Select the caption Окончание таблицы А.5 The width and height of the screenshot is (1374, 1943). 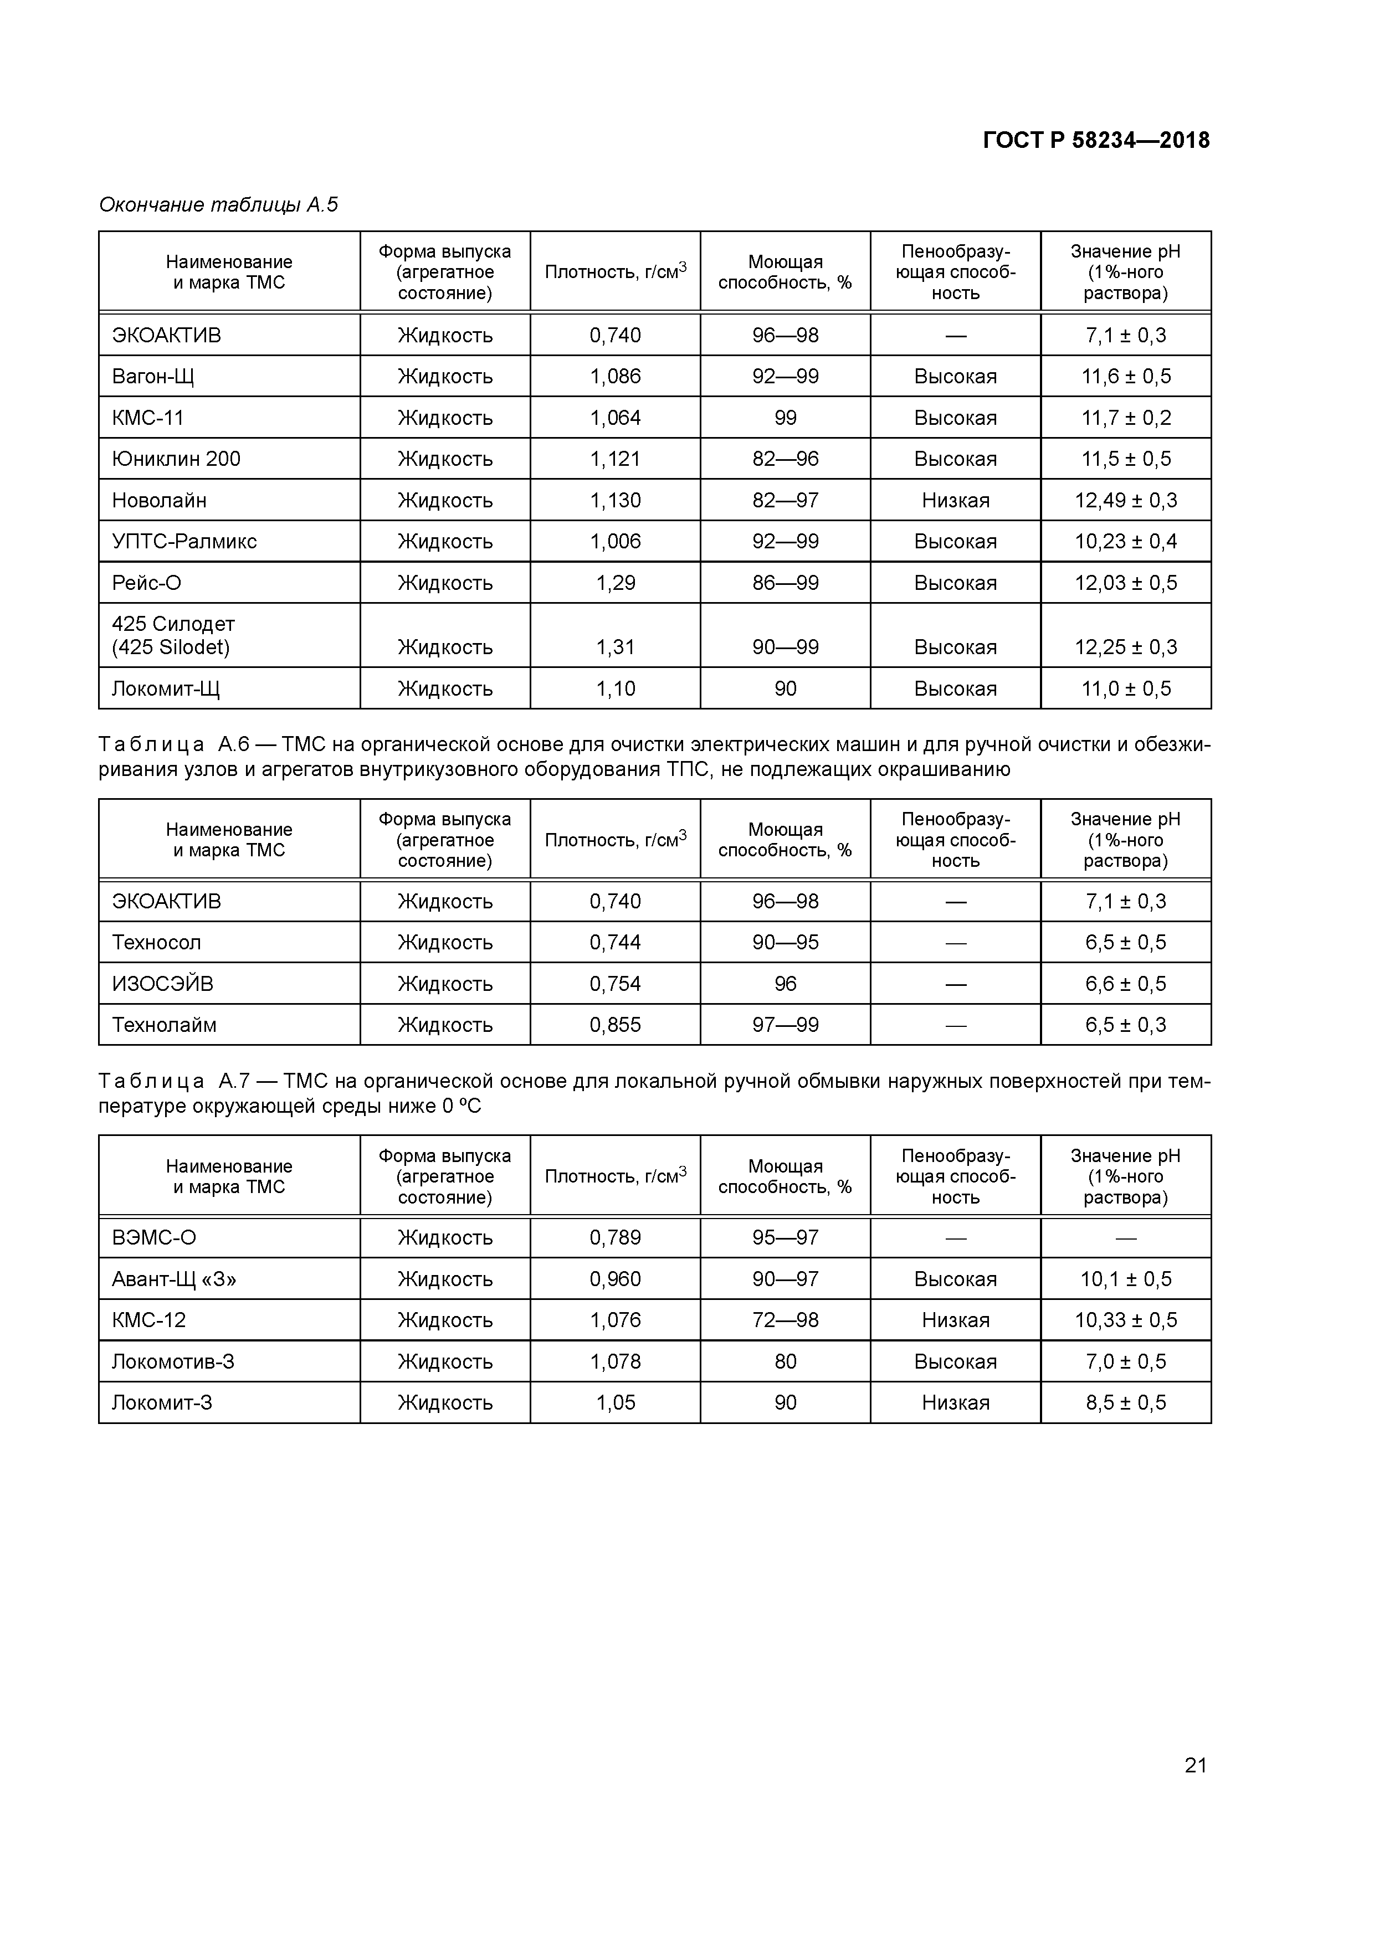click(x=218, y=205)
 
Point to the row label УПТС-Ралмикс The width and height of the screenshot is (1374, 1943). click(x=184, y=542)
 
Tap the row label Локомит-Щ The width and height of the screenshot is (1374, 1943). click(x=165, y=689)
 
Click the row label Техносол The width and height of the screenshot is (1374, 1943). click(x=157, y=943)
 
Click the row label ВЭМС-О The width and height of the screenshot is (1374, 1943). click(x=154, y=1238)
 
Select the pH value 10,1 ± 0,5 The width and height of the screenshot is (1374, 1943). click(x=1125, y=1279)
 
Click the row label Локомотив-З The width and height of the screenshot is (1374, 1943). click(x=173, y=1361)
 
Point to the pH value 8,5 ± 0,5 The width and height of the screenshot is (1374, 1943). click(x=1125, y=1403)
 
